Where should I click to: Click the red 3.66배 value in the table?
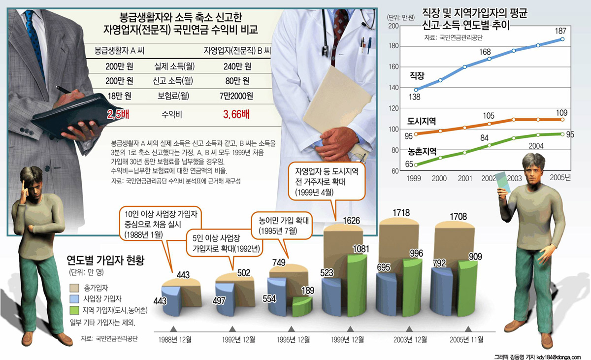[x=236, y=115]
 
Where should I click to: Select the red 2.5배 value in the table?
[x=119, y=115]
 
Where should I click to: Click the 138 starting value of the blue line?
[x=415, y=98]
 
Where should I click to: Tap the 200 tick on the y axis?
[x=393, y=26]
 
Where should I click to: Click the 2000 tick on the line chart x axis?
[x=439, y=178]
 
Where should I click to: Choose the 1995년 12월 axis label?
[x=293, y=339]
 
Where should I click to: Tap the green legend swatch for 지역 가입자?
[x=75, y=310]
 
